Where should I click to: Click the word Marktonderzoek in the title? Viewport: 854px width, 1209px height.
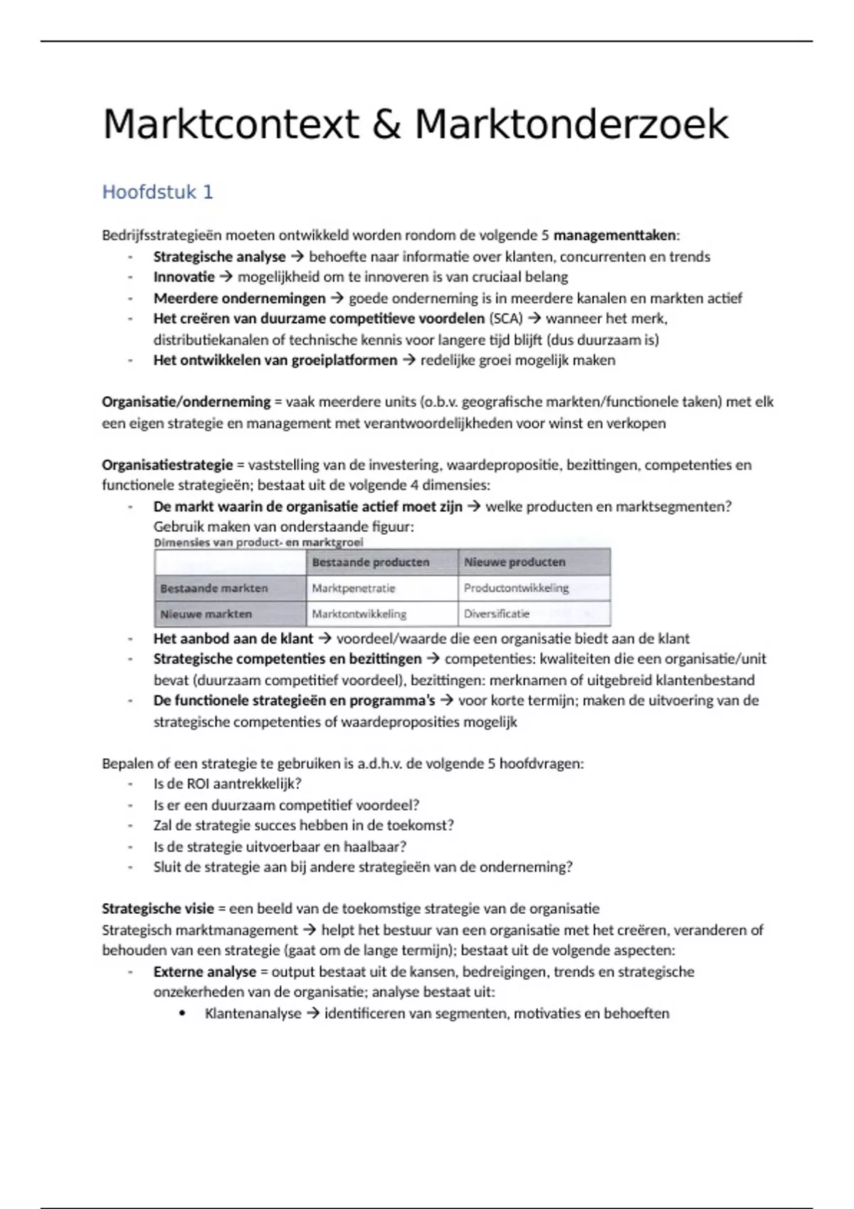coord(571,125)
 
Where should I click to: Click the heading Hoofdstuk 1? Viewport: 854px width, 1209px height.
coord(157,192)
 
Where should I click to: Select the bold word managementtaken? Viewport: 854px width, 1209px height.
coord(616,235)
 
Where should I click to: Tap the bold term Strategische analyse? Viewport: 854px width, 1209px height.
coord(219,257)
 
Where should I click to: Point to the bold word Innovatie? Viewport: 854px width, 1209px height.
coord(184,277)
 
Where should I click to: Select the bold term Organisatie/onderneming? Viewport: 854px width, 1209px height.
coord(186,402)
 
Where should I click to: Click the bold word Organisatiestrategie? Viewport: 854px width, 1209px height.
coord(167,465)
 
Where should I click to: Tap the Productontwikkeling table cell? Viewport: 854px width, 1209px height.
coord(516,588)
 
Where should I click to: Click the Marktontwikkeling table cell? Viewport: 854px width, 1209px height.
coord(359,613)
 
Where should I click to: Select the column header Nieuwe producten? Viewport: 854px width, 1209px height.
coord(515,562)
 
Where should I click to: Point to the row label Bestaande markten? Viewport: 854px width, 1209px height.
coord(214,588)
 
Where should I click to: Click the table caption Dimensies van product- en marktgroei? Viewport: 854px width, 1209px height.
coord(258,542)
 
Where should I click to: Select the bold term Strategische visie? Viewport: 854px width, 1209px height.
coord(158,909)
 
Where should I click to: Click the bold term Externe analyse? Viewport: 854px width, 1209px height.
coord(204,972)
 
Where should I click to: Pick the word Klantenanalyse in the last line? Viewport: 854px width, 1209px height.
coord(253,1013)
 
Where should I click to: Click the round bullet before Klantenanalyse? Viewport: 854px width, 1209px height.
coord(184,1013)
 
